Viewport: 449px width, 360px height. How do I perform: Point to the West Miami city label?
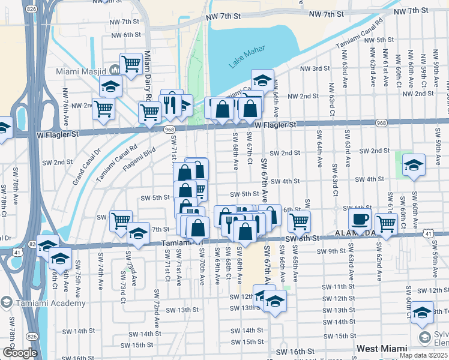pos(381,348)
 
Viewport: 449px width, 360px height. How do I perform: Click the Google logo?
pos(20,353)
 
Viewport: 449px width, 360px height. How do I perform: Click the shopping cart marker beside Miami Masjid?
pos(130,64)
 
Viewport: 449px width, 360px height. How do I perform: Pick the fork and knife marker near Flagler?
pos(170,105)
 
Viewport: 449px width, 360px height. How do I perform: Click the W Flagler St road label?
pos(276,125)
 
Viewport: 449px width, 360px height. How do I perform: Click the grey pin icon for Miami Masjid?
pos(113,71)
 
